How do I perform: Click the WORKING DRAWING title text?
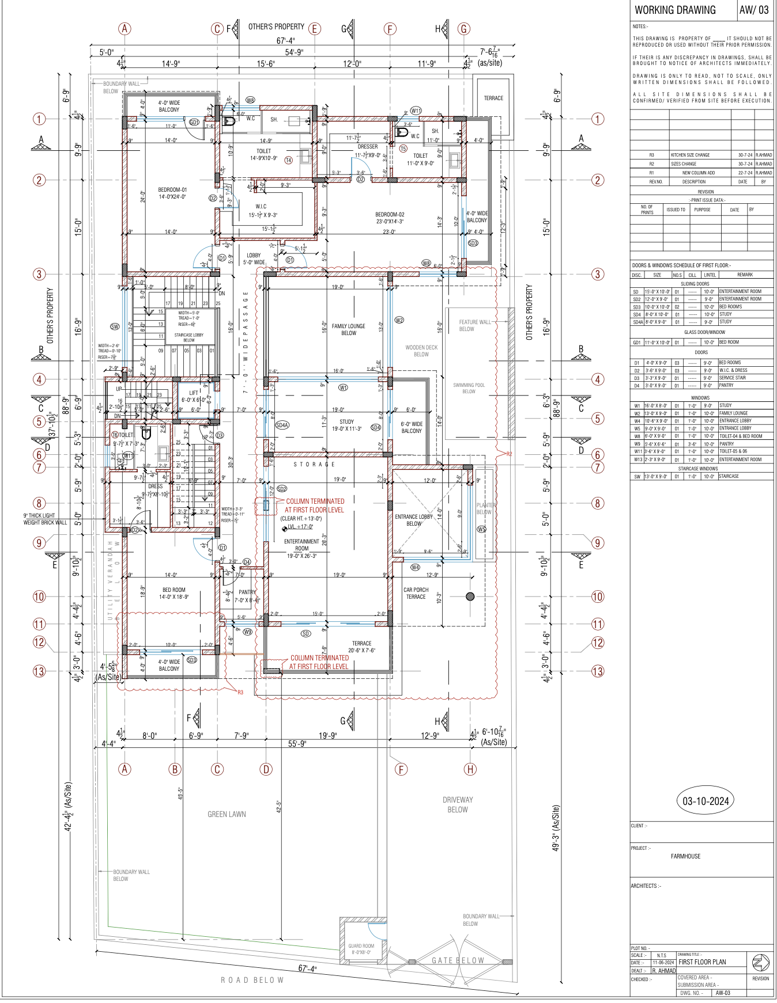pyautogui.click(x=675, y=10)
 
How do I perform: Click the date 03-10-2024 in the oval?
pyautogui.click(x=706, y=801)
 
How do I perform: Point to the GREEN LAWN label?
pyautogui.click(x=227, y=814)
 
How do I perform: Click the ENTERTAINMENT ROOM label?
pyautogui.click(x=301, y=545)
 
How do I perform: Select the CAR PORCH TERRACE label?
pyautogui.click(x=416, y=593)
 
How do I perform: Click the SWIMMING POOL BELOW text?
pyautogui.click(x=469, y=388)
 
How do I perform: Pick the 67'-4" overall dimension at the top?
pyautogui.click(x=285, y=41)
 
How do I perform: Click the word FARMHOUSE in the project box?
pyautogui.click(x=685, y=856)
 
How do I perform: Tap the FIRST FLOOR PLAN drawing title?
pyautogui.click(x=702, y=962)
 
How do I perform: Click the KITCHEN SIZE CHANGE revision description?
pyautogui.click(x=690, y=155)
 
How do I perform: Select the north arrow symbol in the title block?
pyautogui.click(x=760, y=962)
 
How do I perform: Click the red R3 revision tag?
pyautogui.click(x=240, y=692)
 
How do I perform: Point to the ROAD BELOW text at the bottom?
pyautogui.click(x=252, y=980)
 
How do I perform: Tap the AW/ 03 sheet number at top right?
pyautogui.click(x=754, y=10)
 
